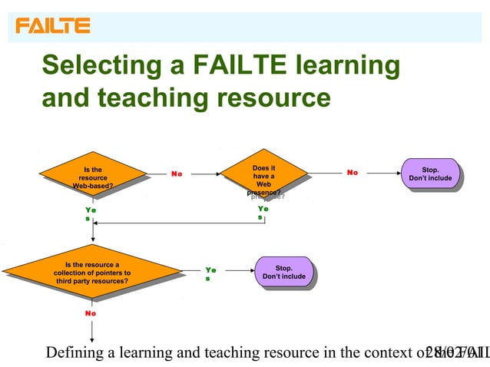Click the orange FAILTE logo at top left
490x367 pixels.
coord(53,25)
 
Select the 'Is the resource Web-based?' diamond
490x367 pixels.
coord(92,177)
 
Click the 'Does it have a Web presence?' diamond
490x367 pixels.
coord(263,178)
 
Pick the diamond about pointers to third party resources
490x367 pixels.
coord(91,273)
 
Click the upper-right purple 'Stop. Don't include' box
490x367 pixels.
coord(430,174)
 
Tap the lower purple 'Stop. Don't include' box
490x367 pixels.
coord(283,272)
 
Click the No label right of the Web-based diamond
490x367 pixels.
coord(177,174)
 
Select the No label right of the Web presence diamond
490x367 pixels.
coord(353,173)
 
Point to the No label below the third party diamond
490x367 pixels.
coord(91,313)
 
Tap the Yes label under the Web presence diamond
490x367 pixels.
coord(263,213)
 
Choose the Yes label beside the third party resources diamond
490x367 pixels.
coord(210,273)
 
